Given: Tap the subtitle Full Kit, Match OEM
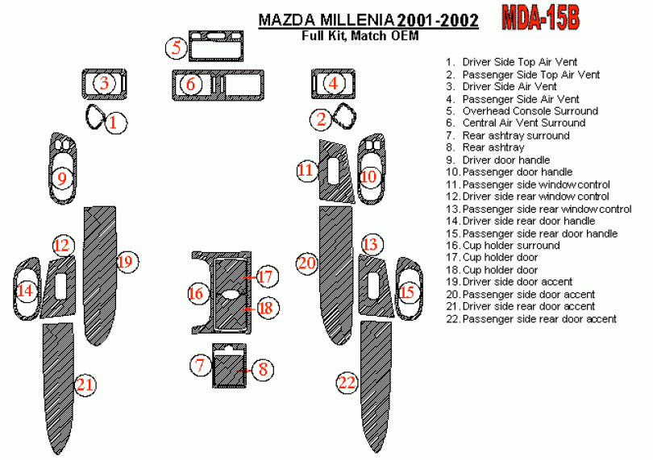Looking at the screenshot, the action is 360,35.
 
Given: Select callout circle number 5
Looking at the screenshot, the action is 177,47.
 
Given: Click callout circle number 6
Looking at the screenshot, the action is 191,84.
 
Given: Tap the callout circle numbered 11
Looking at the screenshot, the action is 307,170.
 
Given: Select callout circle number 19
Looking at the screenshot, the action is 127,262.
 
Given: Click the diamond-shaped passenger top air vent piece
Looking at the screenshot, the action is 345,115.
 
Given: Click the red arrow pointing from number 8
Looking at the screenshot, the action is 244,370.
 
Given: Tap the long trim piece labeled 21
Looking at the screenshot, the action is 58,388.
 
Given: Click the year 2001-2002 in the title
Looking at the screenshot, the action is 438,20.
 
